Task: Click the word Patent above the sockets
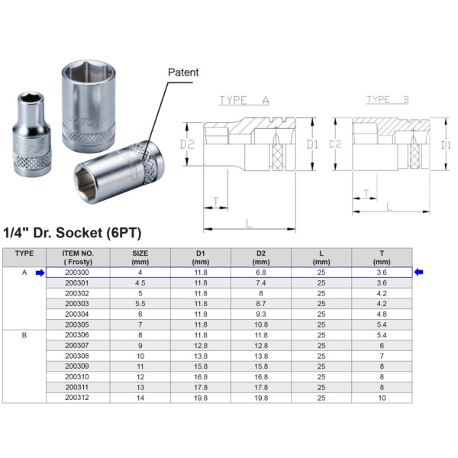point(183,73)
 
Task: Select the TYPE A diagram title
point(244,100)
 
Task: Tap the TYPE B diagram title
point(388,99)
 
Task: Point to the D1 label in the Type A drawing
point(312,144)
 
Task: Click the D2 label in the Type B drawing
point(335,144)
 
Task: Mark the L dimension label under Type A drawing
point(249,224)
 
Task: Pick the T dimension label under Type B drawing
point(366,193)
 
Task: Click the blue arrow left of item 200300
point(40,273)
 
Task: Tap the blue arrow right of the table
point(418,273)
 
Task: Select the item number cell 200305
point(77,324)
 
